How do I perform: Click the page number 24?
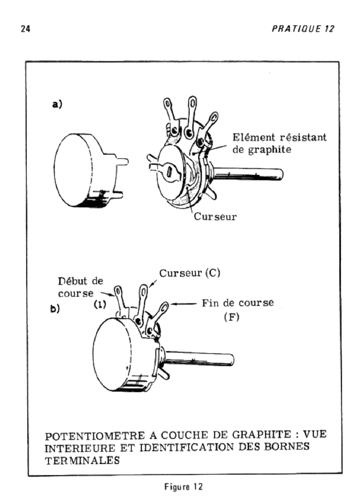point(23,29)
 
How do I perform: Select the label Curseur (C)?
point(190,273)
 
